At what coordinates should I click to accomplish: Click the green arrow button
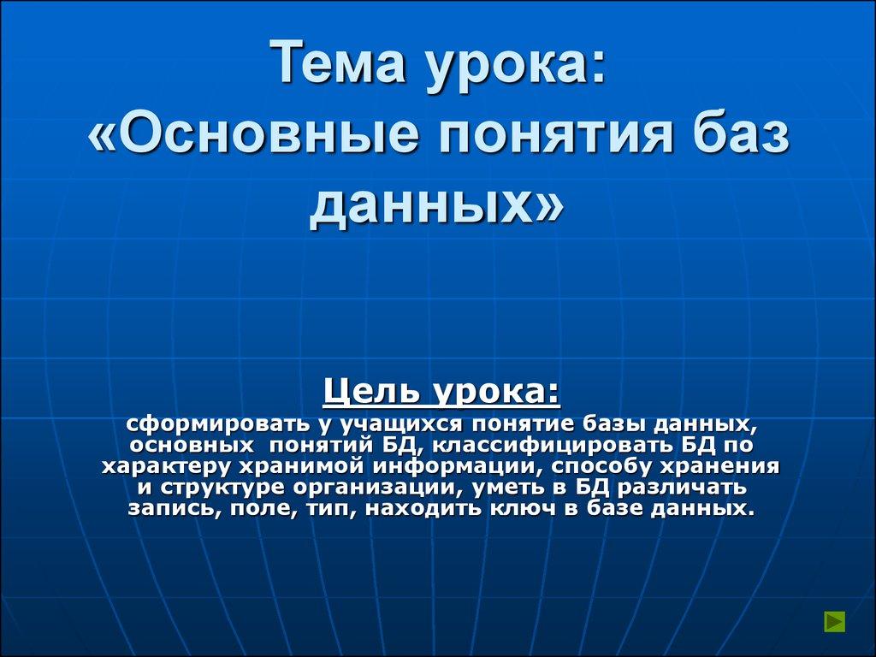point(834,622)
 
